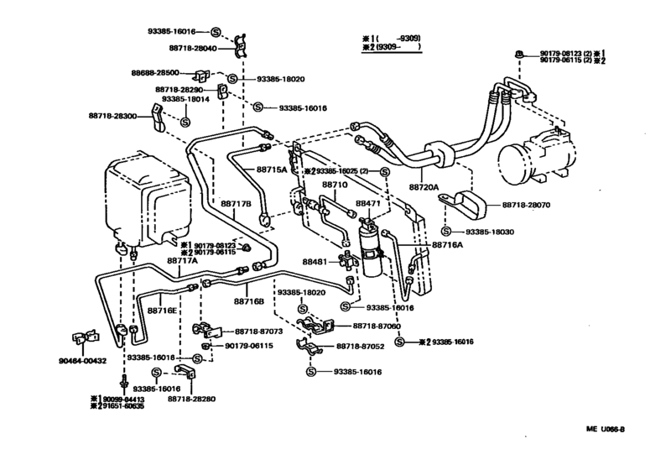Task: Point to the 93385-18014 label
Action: point(184,99)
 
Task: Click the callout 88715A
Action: point(271,170)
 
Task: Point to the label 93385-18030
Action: point(486,231)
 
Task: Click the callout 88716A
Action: point(448,245)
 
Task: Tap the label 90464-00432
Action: point(82,362)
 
